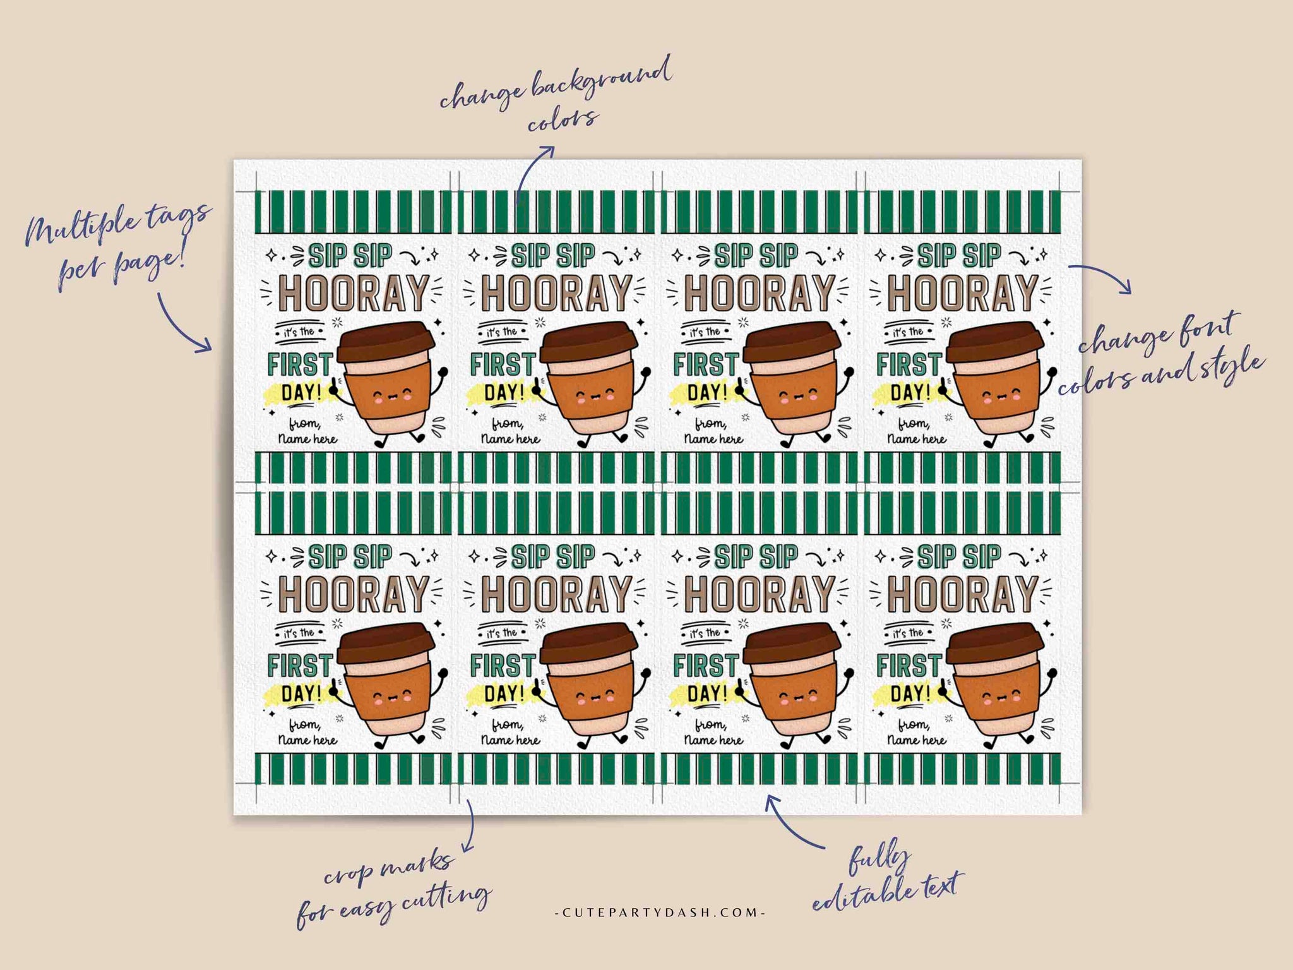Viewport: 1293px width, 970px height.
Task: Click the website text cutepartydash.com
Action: pos(659,913)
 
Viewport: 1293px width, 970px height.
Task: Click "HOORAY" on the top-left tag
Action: pos(353,294)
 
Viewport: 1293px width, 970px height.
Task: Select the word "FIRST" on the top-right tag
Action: pos(909,364)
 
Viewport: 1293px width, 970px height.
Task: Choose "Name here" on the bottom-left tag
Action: pos(307,740)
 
